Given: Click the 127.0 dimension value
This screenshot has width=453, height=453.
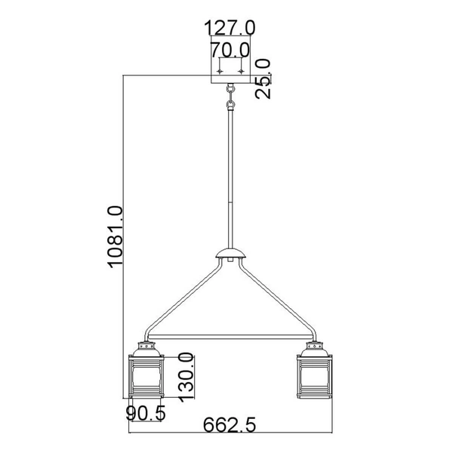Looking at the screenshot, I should (x=230, y=28).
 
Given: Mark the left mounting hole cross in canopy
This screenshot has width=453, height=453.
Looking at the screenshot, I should (x=220, y=70).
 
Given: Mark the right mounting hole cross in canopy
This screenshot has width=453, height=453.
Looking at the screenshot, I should (x=241, y=70).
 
